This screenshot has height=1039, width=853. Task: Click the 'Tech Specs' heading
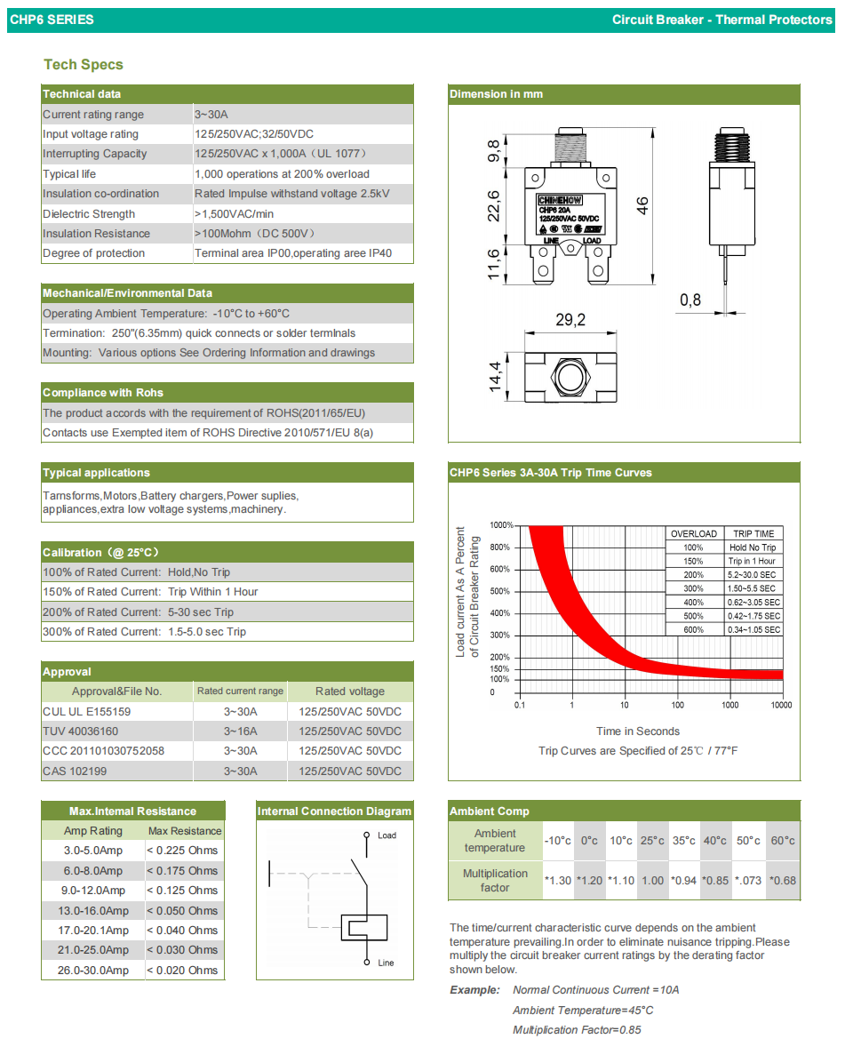[84, 65]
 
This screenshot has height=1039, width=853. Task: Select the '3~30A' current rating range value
[211, 115]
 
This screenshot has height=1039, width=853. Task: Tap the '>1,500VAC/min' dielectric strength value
[233, 214]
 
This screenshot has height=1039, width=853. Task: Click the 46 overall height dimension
[642, 205]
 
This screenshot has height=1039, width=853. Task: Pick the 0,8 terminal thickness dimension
[690, 300]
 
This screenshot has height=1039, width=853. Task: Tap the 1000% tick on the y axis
[501, 525]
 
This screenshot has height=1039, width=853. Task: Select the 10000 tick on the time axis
[782, 705]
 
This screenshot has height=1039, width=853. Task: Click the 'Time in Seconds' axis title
[638, 731]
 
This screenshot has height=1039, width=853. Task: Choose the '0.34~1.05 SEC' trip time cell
[753, 630]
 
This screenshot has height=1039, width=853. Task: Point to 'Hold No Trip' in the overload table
[753, 547]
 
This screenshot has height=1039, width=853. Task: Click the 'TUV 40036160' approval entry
[80, 731]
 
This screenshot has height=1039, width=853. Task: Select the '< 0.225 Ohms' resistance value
[182, 851]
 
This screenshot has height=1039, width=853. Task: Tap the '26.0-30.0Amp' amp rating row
[93, 971]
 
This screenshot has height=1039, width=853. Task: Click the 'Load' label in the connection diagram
[387, 835]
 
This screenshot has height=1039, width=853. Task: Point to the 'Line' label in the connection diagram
[386, 963]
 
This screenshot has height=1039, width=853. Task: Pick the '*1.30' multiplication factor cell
[557, 881]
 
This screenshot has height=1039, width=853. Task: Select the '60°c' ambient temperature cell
[783, 841]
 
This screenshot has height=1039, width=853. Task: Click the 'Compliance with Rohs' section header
[103, 393]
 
